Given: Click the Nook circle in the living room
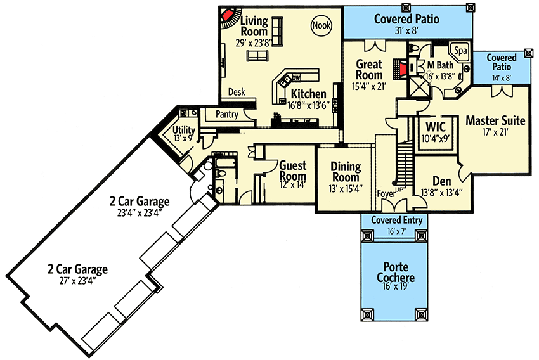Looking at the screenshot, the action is [x=321, y=25].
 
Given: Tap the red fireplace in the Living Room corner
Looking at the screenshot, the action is [x=226, y=15].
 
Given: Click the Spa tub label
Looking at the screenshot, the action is [x=460, y=51].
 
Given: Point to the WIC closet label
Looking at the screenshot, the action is [x=436, y=127].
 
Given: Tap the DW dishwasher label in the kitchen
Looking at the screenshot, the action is [x=296, y=77].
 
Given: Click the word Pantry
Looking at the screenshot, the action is [x=227, y=114].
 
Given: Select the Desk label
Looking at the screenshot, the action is [x=237, y=92].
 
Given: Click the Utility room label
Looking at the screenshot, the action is [x=183, y=130].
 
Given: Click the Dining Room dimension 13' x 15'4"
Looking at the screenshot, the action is [x=346, y=189].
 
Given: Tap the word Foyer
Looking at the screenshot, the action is [x=386, y=194].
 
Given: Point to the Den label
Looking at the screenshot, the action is [x=442, y=181].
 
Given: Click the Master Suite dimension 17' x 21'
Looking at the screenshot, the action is [x=495, y=132].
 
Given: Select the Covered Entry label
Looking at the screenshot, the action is [x=397, y=220].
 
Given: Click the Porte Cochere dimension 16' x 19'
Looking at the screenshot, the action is [x=395, y=286].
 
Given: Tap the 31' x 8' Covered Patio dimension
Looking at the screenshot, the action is [x=406, y=31].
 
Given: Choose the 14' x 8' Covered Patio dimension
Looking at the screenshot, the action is [x=501, y=78].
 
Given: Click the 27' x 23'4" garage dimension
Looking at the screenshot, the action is [x=77, y=281].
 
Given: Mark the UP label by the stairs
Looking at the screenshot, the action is [x=399, y=189].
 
